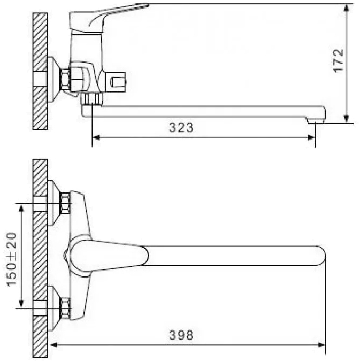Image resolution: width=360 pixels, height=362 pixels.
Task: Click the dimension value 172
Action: point(339,61)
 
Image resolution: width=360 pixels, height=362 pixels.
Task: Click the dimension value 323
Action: point(181,128)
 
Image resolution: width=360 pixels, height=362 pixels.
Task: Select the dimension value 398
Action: point(181,335)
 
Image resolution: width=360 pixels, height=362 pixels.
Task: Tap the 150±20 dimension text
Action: point(12,259)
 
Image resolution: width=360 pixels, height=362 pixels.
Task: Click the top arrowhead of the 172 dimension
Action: point(346,9)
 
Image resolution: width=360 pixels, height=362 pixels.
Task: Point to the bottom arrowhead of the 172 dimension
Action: point(346,119)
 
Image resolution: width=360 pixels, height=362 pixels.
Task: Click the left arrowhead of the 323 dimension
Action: point(96,138)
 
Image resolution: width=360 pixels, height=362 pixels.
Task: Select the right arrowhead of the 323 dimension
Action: point(311,138)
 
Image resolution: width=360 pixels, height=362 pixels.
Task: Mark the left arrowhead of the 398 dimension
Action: point(53,345)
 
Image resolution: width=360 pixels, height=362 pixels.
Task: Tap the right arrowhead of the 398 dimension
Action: point(321,345)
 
